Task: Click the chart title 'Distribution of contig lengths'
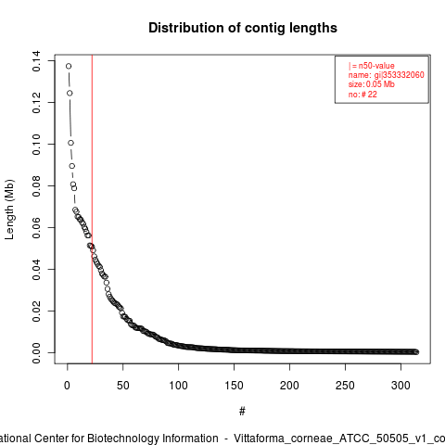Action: [243, 28]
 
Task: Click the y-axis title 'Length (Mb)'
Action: [9, 210]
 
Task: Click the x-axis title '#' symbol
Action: [242, 412]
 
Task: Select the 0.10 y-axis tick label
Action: [36, 145]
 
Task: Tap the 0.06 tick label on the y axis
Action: [36, 228]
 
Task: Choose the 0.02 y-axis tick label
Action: [36, 311]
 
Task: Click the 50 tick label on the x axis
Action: [122, 386]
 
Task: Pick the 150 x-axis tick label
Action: [234, 386]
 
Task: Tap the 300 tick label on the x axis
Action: [400, 386]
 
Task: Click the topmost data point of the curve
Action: [69, 66]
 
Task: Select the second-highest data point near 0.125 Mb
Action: [70, 93]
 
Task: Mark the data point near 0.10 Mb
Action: [71, 143]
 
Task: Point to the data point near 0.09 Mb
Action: [72, 166]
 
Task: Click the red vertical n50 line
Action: [92, 210]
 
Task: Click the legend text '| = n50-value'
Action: [372, 66]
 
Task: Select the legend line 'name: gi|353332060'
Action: [387, 75]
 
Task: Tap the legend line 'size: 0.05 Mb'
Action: [372, 84]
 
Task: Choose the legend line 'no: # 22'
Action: [362, 95]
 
